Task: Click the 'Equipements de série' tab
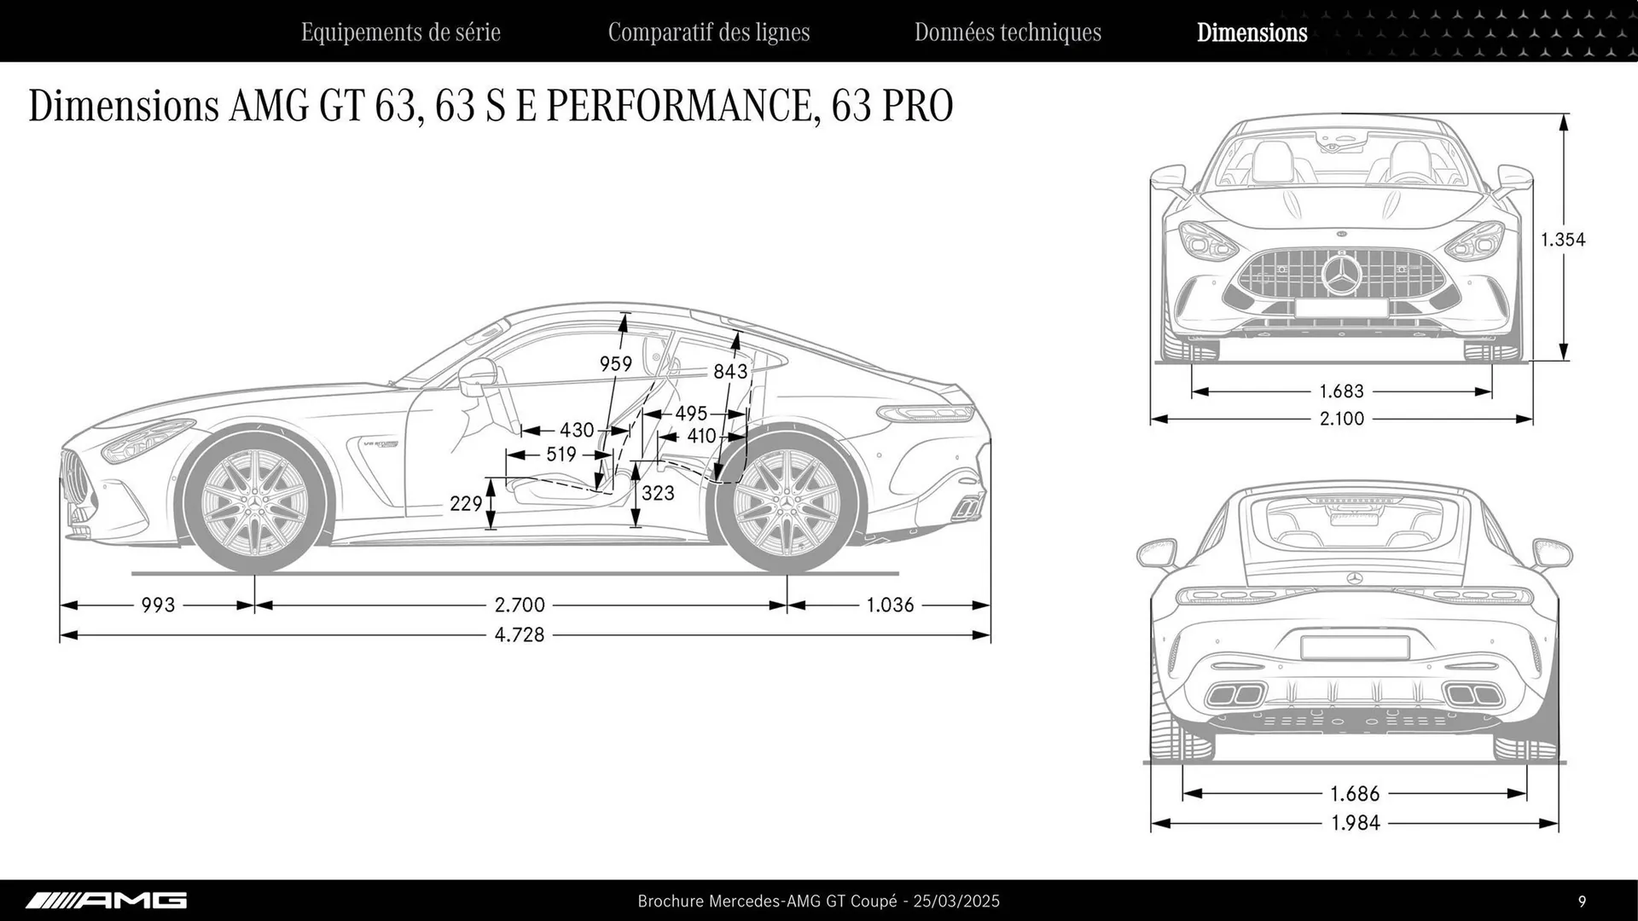[400, 32]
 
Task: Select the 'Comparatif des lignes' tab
[708, 32]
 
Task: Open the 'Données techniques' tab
[1008, 32]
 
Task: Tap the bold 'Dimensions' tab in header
[1252, 32]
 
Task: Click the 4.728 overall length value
[519, 635]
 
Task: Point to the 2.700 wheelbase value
[519, 605]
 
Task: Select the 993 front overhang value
[158, 605]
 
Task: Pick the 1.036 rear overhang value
[890, 605]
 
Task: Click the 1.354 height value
[1563, 240]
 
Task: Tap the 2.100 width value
[1341, 419]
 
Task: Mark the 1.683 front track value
[1341, 391]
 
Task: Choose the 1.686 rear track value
[1355, 794]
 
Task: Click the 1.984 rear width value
[1355, 824]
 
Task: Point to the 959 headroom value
[615, 365]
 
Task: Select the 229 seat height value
[466, 504]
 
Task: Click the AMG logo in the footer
[106, 901]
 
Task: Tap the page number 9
[1582, 901]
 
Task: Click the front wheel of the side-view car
[254, 503]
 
